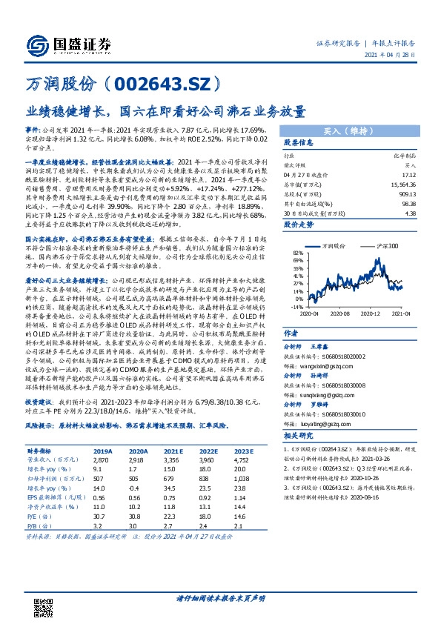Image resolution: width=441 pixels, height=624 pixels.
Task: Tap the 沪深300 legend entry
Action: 388,245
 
